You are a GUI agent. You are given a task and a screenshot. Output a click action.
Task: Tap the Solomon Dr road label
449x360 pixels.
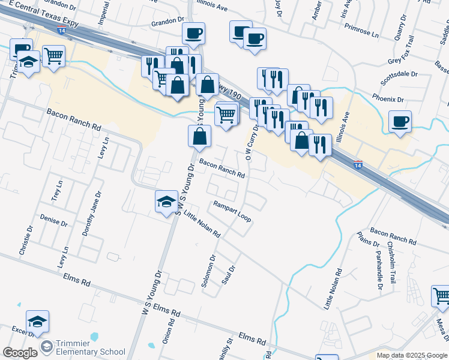(208, 272)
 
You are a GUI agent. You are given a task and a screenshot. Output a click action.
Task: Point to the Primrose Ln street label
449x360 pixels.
(358, 35)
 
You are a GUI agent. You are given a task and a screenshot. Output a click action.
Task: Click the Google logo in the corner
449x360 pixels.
(20, 353)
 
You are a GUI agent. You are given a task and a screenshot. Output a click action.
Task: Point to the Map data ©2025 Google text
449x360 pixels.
(412, 355)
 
